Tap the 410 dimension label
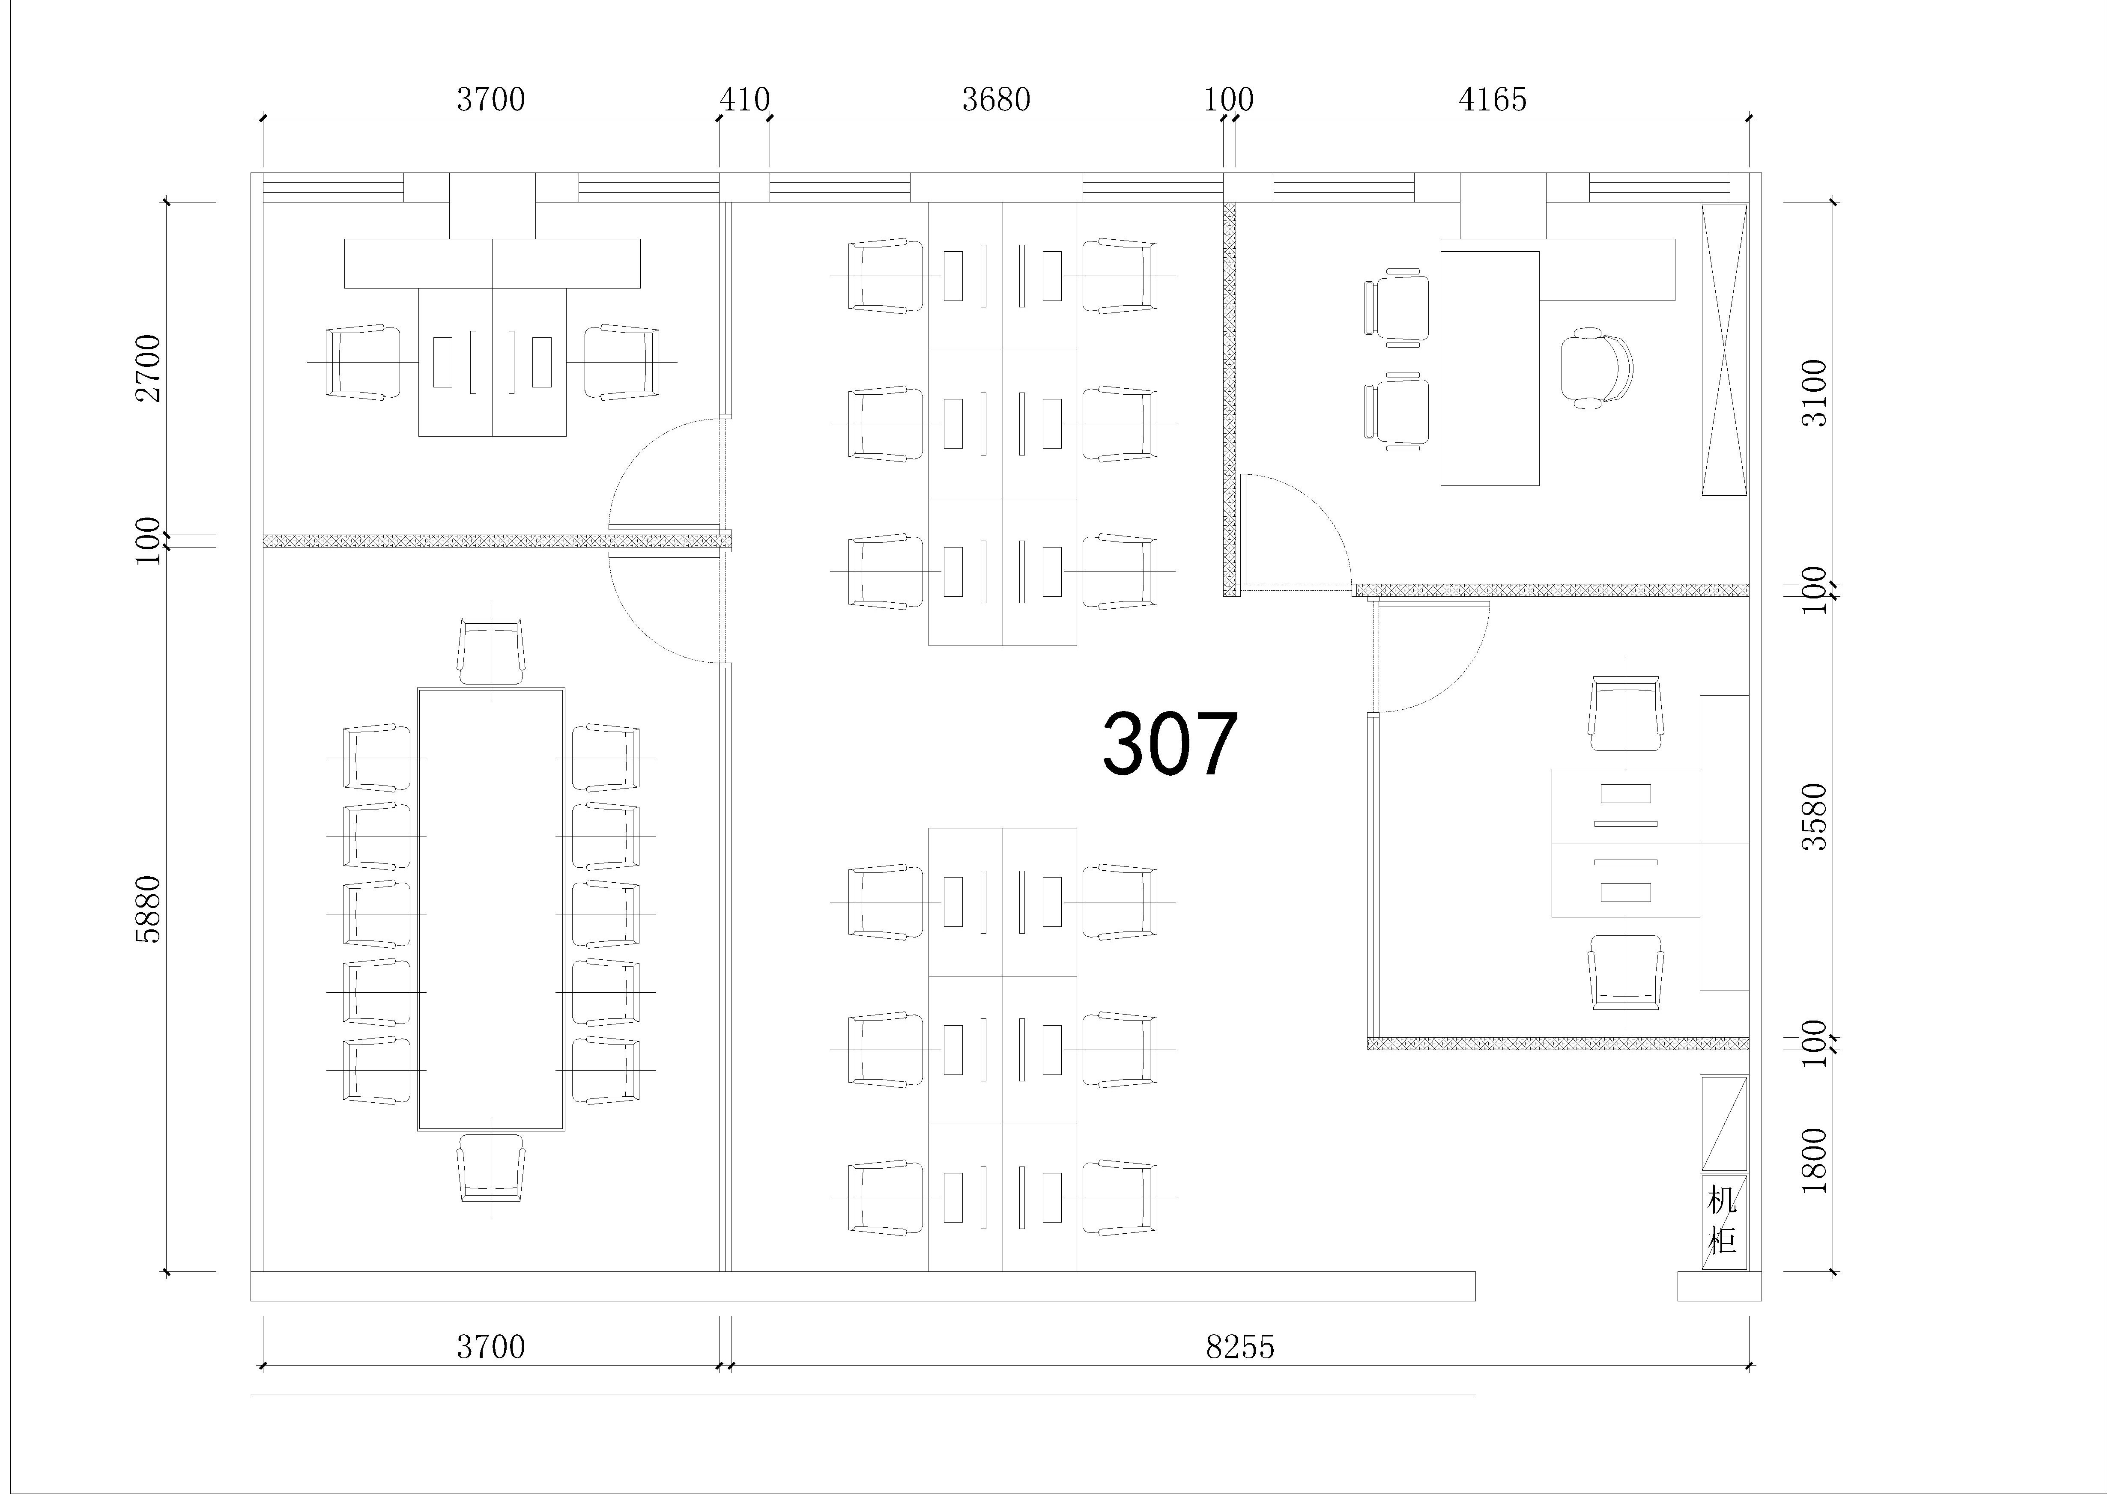[745, 100]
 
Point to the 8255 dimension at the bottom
[1240, 1348]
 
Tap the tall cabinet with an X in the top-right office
[1724, 350]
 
